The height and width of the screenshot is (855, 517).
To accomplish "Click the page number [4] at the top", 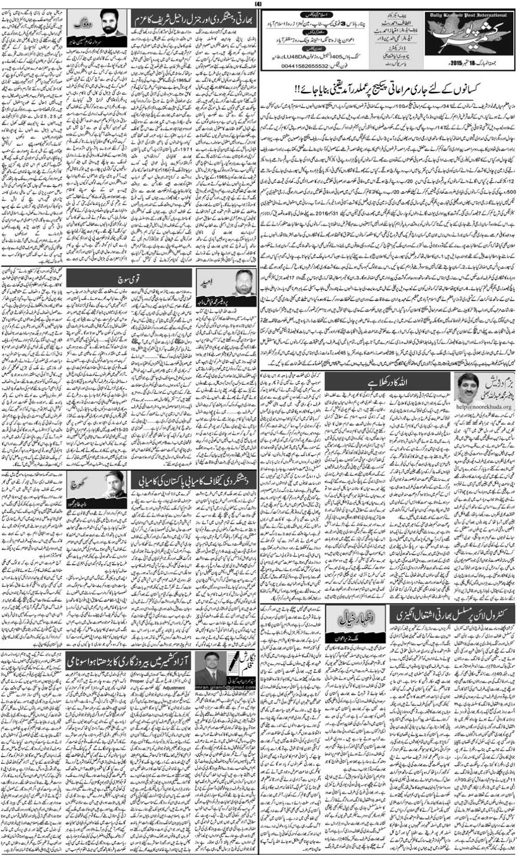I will click(x=258, y=5).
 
